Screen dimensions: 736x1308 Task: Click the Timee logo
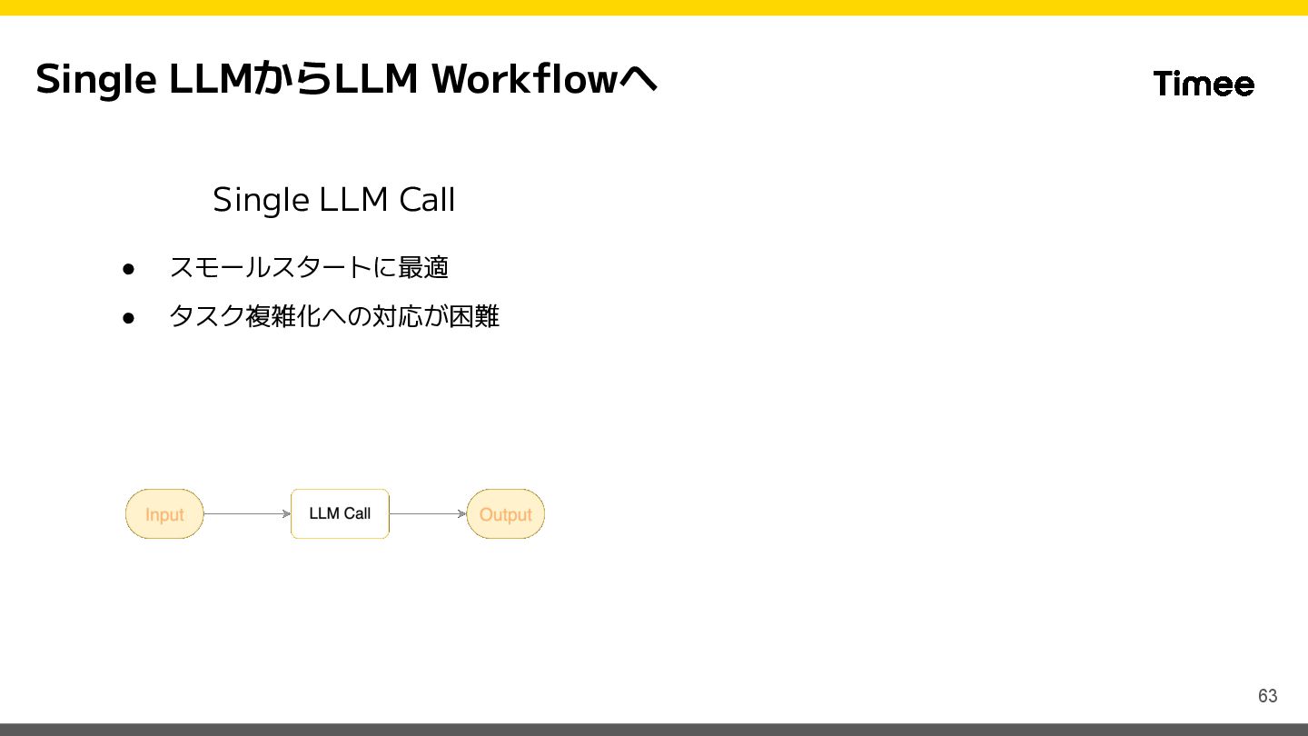(1204, 84)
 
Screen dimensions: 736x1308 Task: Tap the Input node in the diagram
(164, 514)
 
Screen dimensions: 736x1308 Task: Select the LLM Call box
(340, 514)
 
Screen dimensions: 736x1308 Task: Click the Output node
(505, 514)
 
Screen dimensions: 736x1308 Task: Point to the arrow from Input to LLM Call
(247, 514)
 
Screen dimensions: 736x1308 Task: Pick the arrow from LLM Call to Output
(428, 514)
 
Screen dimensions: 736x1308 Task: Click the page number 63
(1267, 696)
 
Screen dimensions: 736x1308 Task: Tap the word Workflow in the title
(525, 80)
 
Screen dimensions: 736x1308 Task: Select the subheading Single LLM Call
(333, 200)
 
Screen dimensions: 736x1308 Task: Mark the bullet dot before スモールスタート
(129, 269)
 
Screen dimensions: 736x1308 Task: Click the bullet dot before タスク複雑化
(129, 318)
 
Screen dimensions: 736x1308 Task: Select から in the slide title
(292, 80)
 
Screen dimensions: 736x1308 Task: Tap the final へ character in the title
(639, 80)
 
